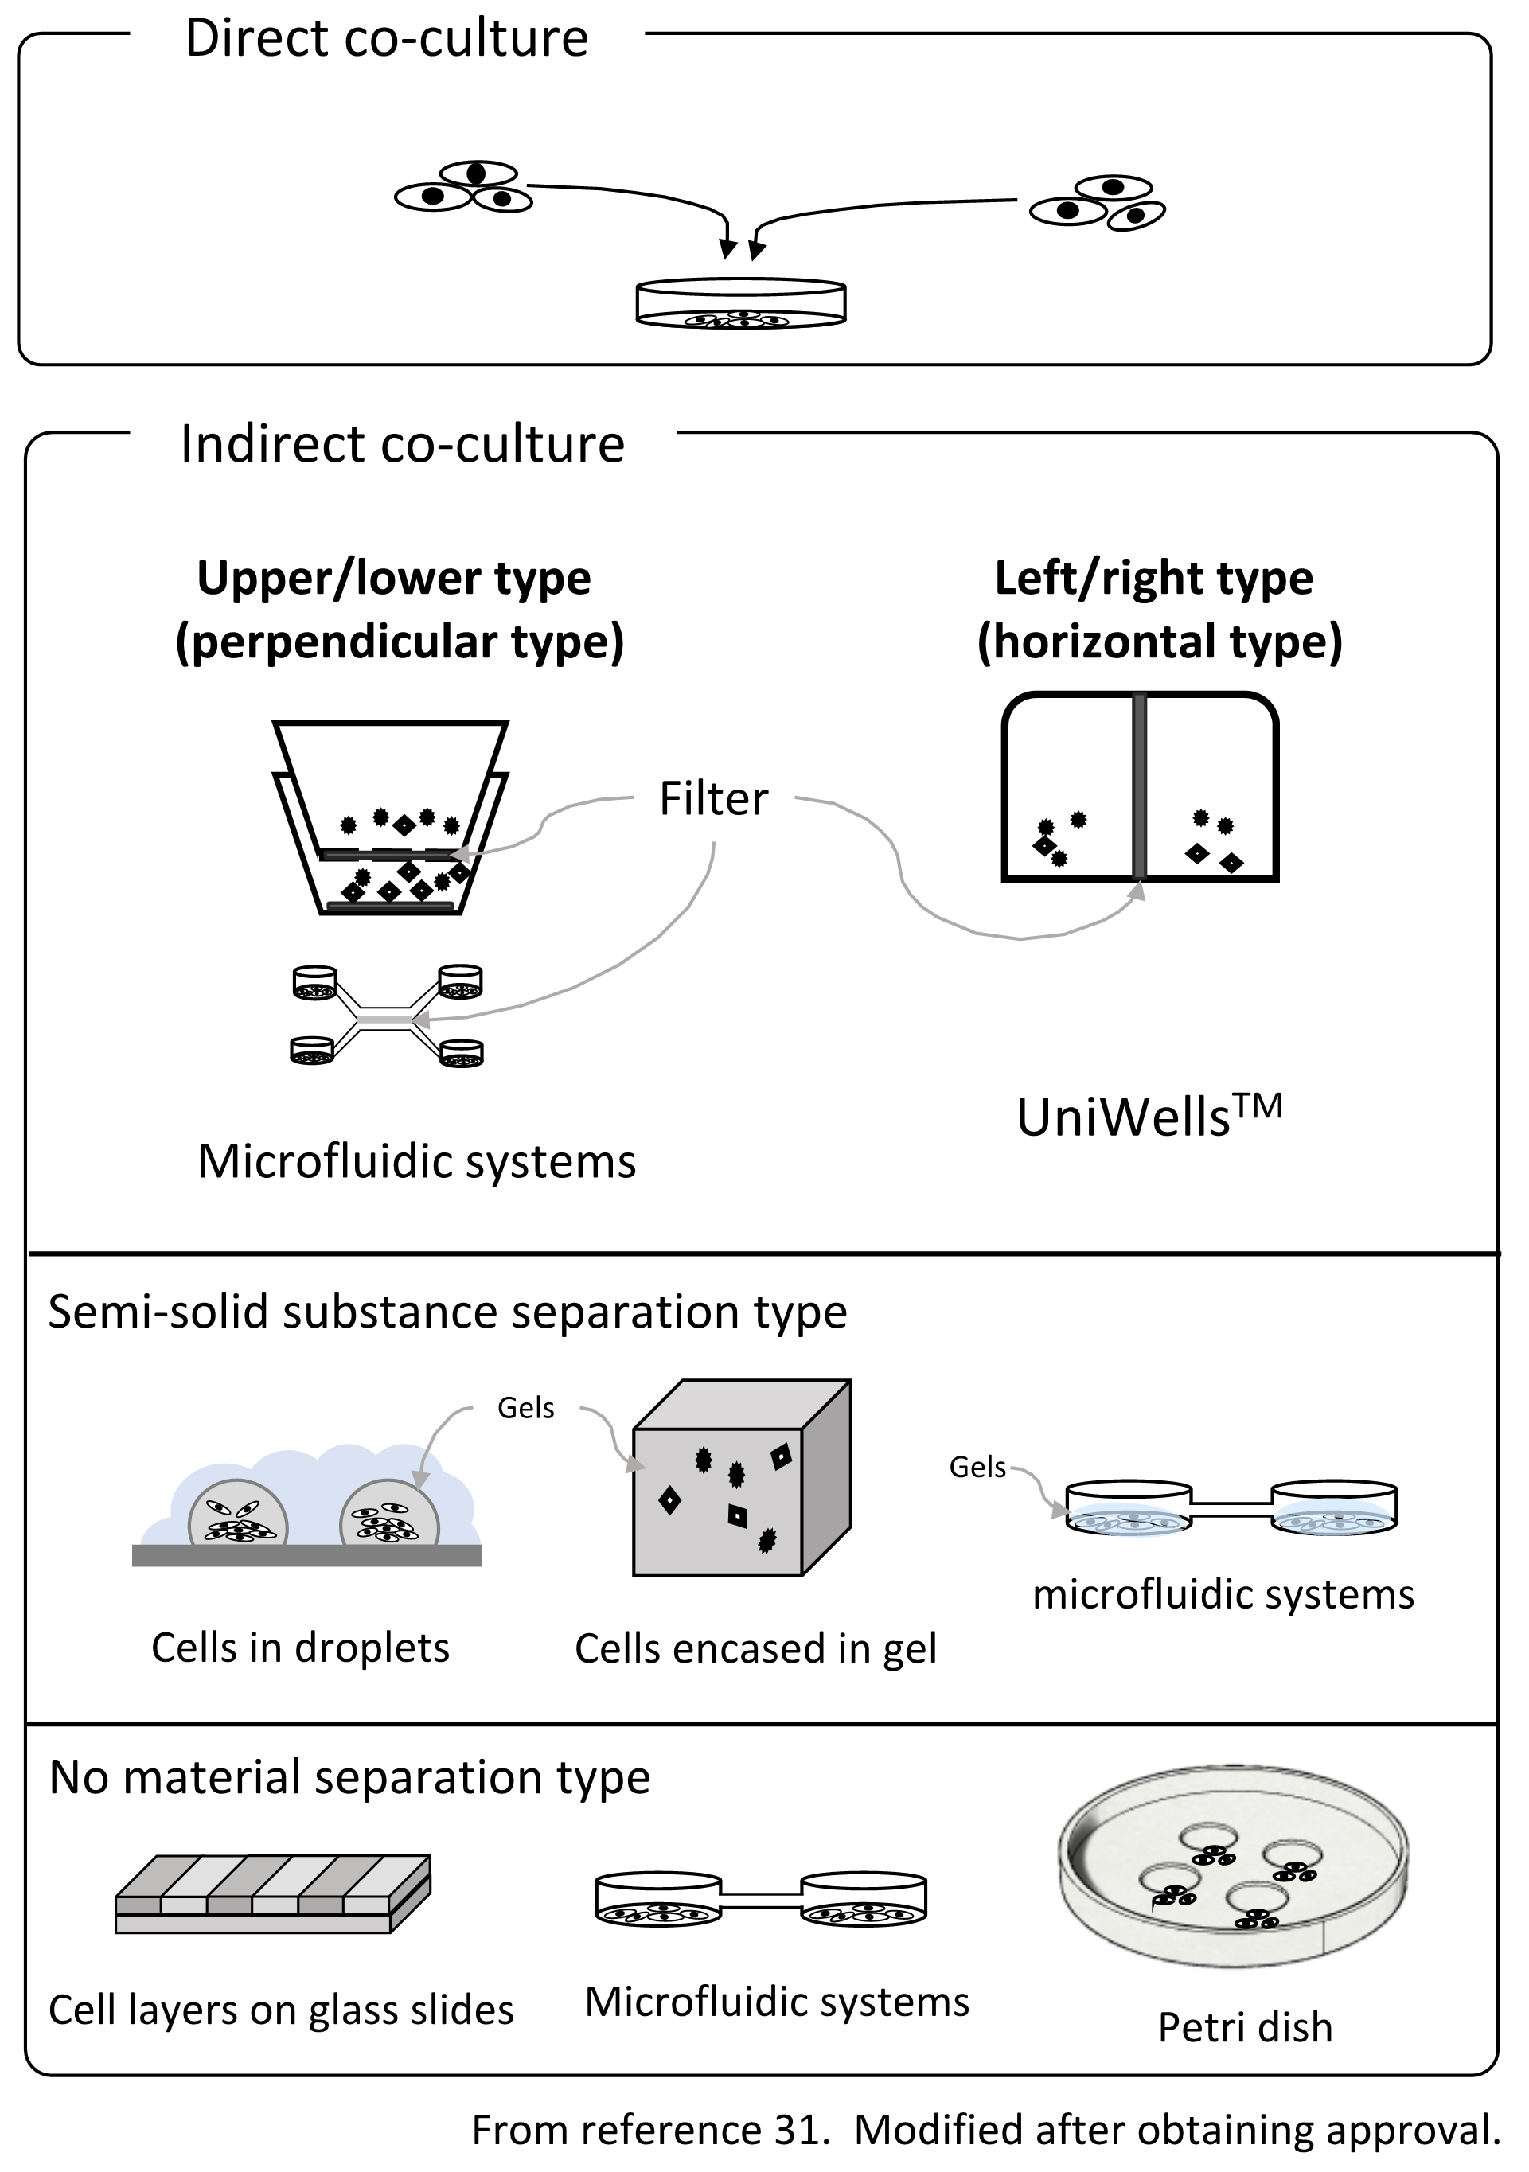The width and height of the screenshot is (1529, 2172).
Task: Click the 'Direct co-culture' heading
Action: [x=386, y=40]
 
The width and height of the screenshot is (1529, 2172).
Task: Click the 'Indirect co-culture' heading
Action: [x=402, y=445]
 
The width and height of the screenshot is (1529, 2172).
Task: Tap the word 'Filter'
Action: [x=713, y=799]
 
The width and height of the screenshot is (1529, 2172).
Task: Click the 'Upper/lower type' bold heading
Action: [x=394, y=578]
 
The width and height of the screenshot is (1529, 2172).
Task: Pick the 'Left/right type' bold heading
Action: [x=1153, y=578]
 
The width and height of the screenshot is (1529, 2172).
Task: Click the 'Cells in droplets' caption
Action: [x=300, y=1649]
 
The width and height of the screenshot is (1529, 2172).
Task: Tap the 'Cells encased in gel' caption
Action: [x=755, y=1650]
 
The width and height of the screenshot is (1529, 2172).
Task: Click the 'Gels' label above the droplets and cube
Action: [x=525, y=1409]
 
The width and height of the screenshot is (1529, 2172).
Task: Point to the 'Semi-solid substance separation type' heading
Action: [x=447, y=1313]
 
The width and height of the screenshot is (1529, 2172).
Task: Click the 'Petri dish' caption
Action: [x=1244, y=2028]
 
